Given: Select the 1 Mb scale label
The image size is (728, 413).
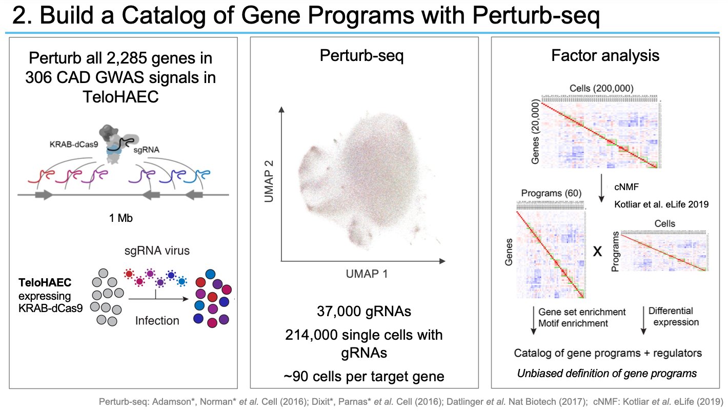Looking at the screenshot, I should pyautogui.click(x=121, y=218).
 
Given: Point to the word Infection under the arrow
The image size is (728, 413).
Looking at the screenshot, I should pyautogui.click(x=157, y=321).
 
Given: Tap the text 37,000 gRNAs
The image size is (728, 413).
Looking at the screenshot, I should pyautogui.click(x=363, y=311).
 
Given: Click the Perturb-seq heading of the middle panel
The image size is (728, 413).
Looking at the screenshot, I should pyautogui.click(x=361, y=55).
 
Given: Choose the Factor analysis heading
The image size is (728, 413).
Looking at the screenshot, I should pyautogui.click(x=605, y=55).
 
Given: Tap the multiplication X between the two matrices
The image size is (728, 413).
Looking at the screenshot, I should pyautogui.click(x=596, y=251).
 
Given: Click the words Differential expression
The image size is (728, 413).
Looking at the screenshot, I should pyautogui.click(x=673, y=317).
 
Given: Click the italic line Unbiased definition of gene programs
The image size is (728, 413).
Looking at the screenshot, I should pyautogui.click(x=606, y=373).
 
